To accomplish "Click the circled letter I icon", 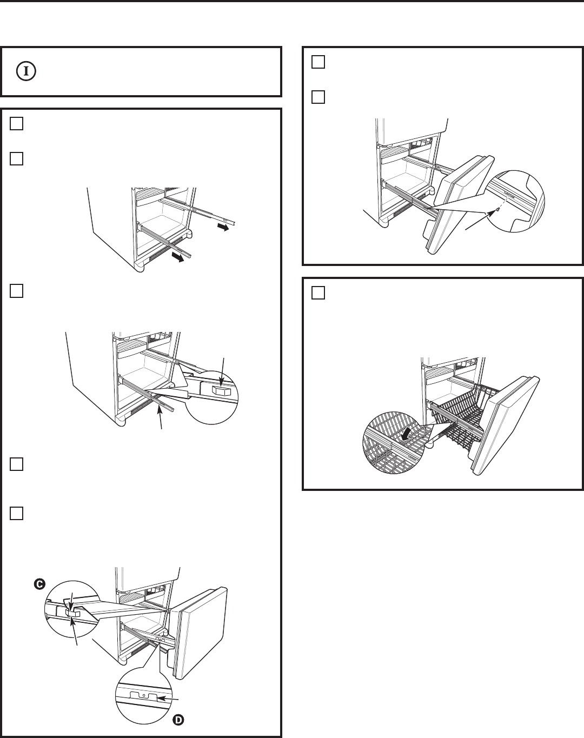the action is coord(26,71).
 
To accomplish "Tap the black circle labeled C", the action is coord(39,584).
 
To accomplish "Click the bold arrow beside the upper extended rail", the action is coord(223,227).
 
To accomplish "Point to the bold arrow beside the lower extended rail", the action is coord(178,258).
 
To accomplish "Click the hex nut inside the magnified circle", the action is coord(221,390).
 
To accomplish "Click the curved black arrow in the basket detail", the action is coord(407,434).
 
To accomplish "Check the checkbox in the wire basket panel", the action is coord(318,293).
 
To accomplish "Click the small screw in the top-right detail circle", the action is coord(497,209).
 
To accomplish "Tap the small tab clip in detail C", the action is coord(73,613).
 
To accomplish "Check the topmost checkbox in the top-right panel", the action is coord(318,62).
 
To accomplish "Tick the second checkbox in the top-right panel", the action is coord(318,97).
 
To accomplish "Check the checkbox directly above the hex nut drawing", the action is coord(16,291).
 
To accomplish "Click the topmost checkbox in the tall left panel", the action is coord(16,123).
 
